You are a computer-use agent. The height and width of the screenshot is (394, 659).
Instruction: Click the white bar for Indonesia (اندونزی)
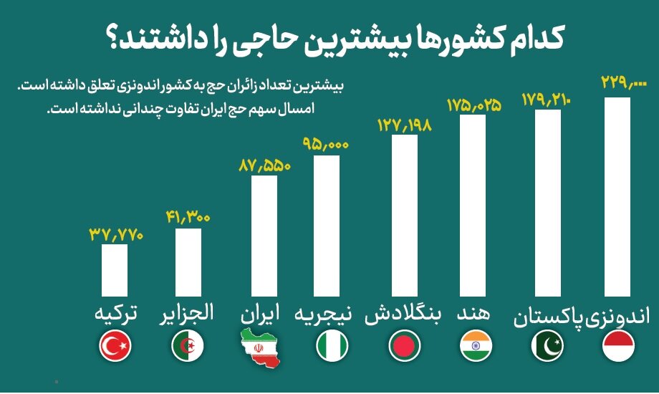[617, 197]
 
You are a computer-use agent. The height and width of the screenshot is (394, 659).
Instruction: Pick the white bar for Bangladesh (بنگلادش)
[405, 215]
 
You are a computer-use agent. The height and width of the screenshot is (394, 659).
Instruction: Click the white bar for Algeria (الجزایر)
[188, 262]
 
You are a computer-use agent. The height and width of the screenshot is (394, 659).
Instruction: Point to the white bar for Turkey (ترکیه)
[115, 270]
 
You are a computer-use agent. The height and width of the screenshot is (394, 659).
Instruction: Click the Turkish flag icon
[115, 348]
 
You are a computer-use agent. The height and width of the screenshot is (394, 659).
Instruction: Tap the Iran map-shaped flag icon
[262, 347]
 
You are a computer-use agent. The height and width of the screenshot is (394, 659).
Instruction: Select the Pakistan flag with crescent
[547, 348]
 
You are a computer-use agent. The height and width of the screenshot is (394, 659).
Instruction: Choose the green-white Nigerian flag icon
[332, 348]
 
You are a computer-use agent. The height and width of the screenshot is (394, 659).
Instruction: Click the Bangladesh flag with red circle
[405, 348]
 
